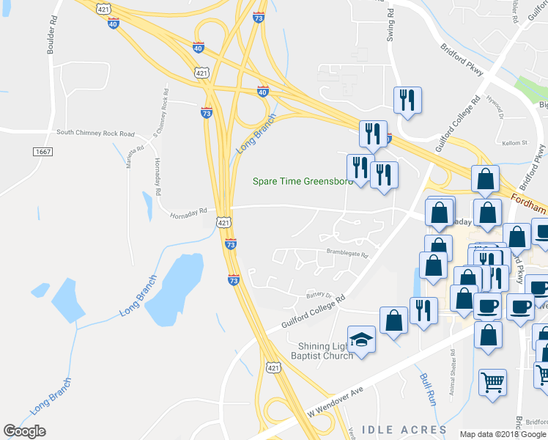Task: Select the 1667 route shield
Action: [42, 151]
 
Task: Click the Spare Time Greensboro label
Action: [303, 181]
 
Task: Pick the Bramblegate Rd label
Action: [347, 254]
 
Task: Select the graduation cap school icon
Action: [361, 340]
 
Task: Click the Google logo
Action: [24, 431]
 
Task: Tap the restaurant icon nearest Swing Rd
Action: [407, 100]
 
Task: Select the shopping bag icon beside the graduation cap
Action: [393, 320]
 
